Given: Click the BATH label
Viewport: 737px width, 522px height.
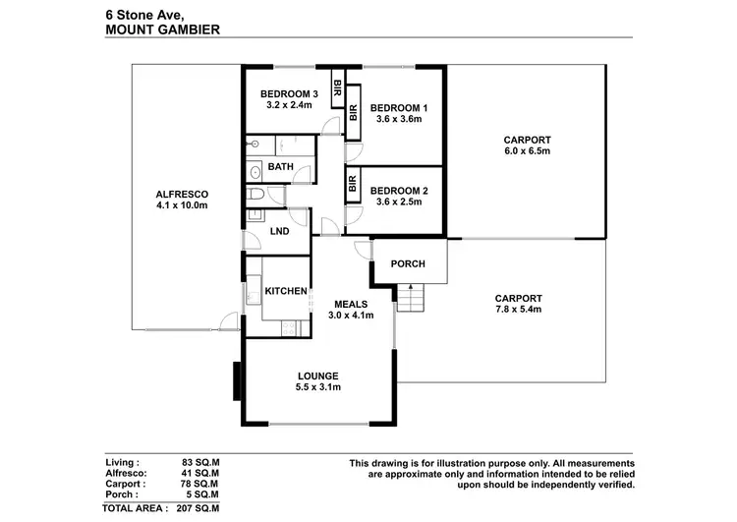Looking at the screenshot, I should click(x=280, y=167).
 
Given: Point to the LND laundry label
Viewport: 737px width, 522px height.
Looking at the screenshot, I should click(x=279, y=232).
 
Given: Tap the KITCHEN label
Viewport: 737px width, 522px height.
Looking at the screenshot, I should click(x=286, y=292).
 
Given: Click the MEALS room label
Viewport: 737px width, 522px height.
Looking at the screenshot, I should click(x=350, y=303).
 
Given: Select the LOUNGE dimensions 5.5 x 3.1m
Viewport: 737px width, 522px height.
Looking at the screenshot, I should click(x=318, y=388).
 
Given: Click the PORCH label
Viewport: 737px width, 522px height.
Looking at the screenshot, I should click(x=408, y=263).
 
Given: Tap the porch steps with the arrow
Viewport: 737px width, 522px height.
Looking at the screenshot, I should click(x=411, y=296).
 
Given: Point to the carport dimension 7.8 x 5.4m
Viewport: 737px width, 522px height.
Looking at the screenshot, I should click(x=518, y=310).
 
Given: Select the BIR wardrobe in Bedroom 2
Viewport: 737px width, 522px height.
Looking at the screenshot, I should click(x=352, y=187).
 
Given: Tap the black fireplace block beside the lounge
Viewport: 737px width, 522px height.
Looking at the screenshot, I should click(x=237, y=381).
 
